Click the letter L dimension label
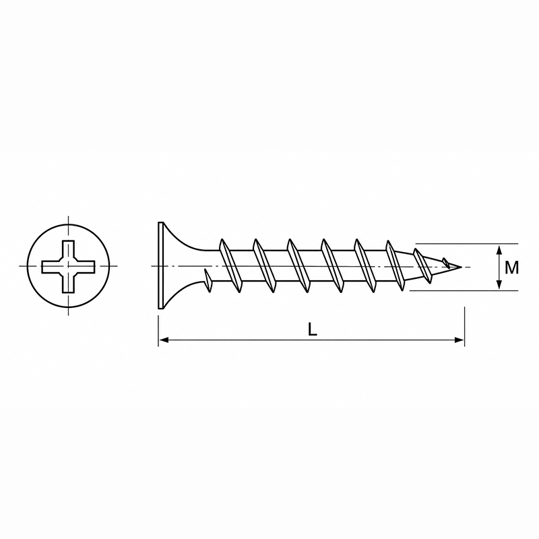point(312,329)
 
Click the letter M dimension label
point(511,267)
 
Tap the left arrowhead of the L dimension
point(164,340)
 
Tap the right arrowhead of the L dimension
point(459,340)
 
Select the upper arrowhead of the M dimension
point(499,249)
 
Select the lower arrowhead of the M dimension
point(499,284)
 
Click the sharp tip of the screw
point(461,266)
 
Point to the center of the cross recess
point(68,266)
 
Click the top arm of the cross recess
point(68,249)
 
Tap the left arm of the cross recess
point(52,266)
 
